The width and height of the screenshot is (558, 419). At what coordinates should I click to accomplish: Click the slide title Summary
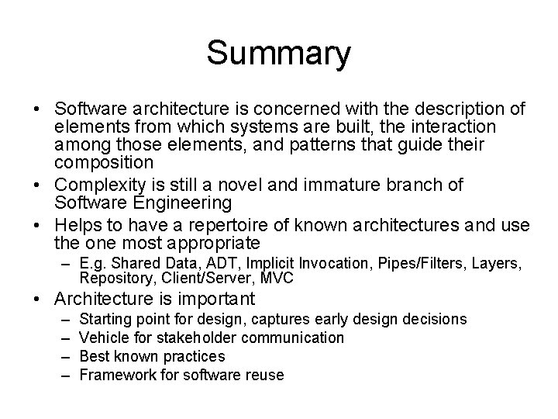pyautogui.click(x=278, y=54)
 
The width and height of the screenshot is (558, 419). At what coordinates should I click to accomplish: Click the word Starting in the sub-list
pyautogui.click(x=105, y=320)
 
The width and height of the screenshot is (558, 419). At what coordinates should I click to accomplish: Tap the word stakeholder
pyautogui.click(x=193, y=338)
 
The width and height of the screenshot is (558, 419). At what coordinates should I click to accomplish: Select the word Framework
pyautogui.click(x=115, y=375)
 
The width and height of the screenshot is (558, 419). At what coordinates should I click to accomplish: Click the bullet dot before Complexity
pyautogui.click(x=38, y=185)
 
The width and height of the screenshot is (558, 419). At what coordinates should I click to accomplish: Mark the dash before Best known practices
pyautogui.click(x=63, y=356)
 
